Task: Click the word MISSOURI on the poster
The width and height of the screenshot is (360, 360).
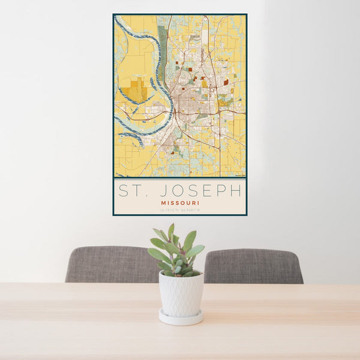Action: pos(180,203)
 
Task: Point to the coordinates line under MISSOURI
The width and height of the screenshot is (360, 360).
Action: pos(180,210)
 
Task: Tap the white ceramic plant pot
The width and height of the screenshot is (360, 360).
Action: pos(181,293)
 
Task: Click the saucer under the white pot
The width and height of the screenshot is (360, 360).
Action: pos(181,318)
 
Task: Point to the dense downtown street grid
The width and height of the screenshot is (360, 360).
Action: pos(191,102)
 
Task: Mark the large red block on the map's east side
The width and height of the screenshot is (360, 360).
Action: pos(226,82)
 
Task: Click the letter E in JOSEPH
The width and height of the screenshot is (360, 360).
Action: pos(205,191)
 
